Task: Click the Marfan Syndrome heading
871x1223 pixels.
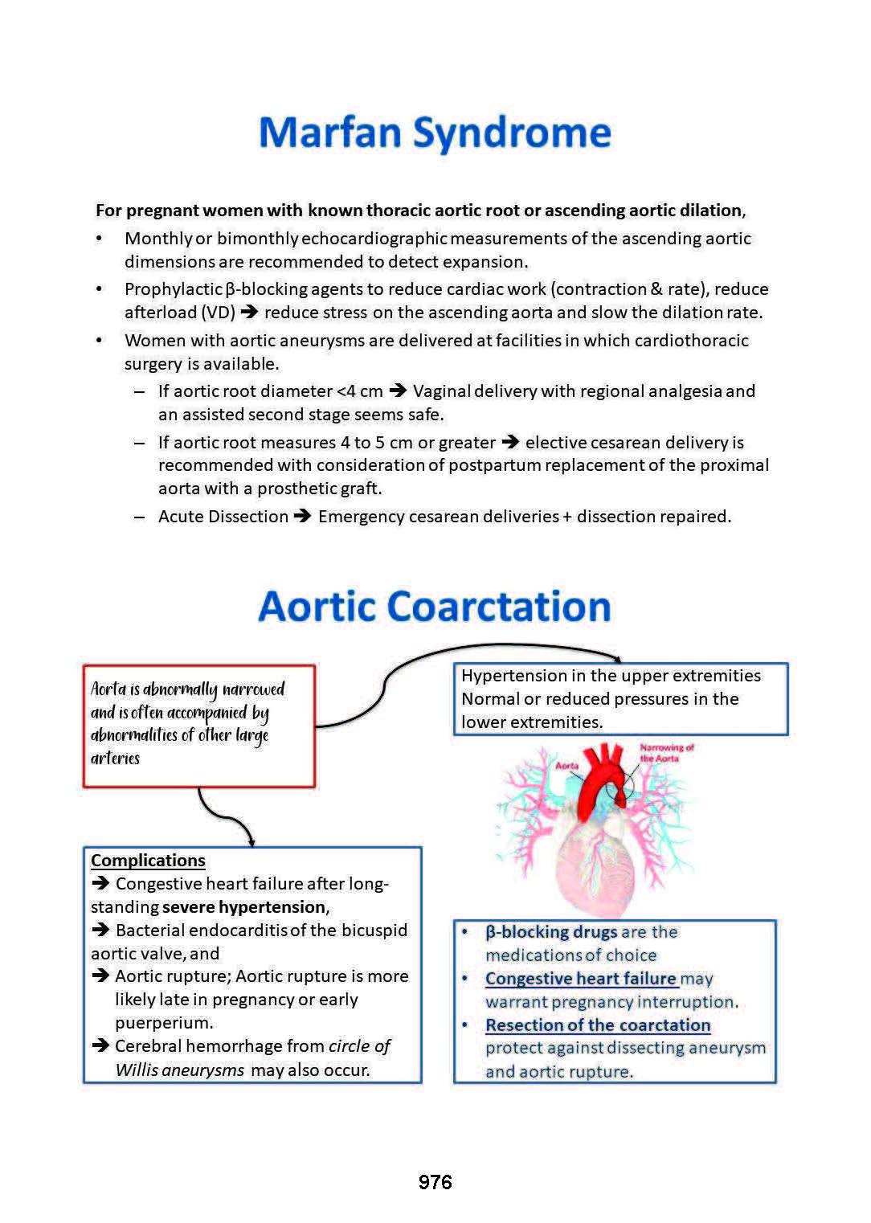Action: coord(435,133)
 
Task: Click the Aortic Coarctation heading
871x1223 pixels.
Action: coord(435,607)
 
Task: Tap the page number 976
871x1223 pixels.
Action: coord(435,1182)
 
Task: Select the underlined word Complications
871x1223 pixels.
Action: coord(148,861)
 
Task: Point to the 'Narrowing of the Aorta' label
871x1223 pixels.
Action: coord(666,753)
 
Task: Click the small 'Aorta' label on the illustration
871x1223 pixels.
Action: coord(567,766)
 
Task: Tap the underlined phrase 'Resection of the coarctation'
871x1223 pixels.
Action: coord(598,1025)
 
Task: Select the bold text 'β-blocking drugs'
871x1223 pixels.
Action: coord(551,932)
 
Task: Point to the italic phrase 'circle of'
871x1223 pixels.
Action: coord(359,1046)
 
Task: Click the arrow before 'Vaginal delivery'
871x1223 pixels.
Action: coord(398,391)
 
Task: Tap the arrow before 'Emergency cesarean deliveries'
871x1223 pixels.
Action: coord(302,517)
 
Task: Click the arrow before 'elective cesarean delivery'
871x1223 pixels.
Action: coord(509,443)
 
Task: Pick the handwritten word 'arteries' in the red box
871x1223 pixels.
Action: coord(115,759)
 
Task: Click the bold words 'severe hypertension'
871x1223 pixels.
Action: coord(244,907)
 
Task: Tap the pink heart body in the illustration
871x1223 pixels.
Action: coord(595,868)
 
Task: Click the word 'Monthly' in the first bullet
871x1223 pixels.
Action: coord(158,239)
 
